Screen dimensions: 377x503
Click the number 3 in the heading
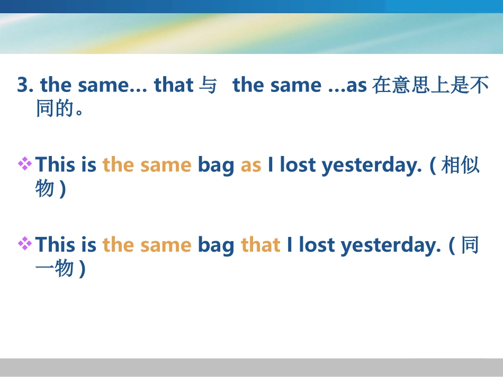pos(22,85)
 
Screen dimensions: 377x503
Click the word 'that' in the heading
pos(173,85)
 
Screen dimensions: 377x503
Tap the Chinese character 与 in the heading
pos(207,85)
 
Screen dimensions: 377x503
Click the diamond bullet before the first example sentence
pos(24,164)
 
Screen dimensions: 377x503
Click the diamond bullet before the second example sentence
pos(24,243)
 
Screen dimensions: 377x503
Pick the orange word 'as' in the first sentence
pos(251,165)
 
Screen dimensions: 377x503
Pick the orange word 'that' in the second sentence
pos(261,245)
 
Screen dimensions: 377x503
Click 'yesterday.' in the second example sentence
pos(391,245)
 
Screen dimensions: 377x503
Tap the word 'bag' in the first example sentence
pos(215,166)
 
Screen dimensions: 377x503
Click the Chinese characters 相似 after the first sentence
pos(460,165)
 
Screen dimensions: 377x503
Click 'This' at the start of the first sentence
pos(56,165)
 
